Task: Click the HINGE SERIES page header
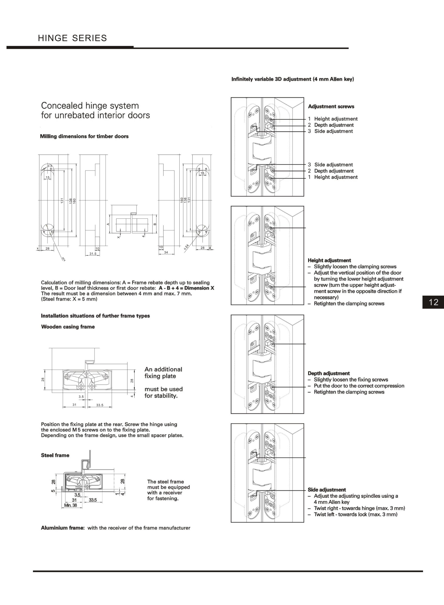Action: click(x=72, y=38)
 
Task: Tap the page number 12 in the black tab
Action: click(x=433, y=302)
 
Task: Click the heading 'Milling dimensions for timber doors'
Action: click(x=84, y=136)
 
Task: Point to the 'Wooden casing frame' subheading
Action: click(x=68, y=327)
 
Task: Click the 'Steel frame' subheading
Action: click(x=55, y=455)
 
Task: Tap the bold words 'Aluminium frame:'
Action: click(x=63, y=528)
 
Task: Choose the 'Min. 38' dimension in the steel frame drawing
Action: click(x=70, y=505)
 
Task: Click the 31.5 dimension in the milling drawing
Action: click(x=93, y=254)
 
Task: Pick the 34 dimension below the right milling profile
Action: click(x=166, y=252)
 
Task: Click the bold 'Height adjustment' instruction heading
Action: click(x=329, y=260)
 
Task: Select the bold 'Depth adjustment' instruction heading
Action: click(x=329, y=373)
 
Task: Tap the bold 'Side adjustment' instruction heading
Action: click(x=327, y=490)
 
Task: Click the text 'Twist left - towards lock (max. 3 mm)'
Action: click(x=356, y=514)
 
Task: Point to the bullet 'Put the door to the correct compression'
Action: click(x=359, y=386)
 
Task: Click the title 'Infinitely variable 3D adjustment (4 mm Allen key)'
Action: click(x=292, y=79)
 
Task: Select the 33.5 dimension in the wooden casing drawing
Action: click(x=100, y=405)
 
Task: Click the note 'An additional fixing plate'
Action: click(x=163, y=373)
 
